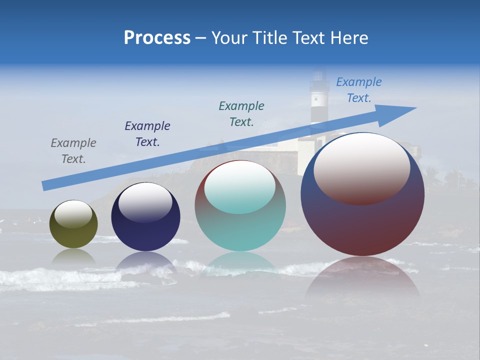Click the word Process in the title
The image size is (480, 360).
pyautogui.click(x=157, y=38)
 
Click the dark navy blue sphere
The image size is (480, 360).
pyautogui.click(x=145, y=230)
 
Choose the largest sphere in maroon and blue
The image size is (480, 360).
pyautogui.click(x=362, y=220)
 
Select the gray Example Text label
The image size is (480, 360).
pyautogui.click(x=73, y=150)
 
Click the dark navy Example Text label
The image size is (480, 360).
pyautogui.click(x=147, y=133)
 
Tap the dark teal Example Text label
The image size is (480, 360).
pyautogui.click(x=241, y=113)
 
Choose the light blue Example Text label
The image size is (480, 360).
pyautogui.click(x=358, y=89)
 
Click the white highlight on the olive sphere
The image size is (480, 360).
pyautogui.click(x=73, y=214)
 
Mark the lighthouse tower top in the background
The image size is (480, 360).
pyautogui.click(x=318, y=80)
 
